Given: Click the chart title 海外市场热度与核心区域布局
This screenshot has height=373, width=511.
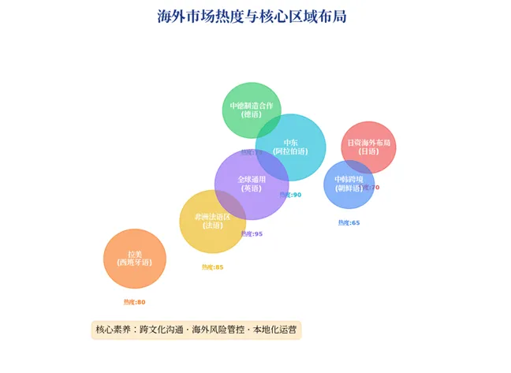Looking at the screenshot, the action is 252,16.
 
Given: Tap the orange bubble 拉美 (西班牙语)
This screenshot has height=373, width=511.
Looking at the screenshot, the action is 135,259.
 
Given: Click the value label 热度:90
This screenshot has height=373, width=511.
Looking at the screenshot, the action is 290,195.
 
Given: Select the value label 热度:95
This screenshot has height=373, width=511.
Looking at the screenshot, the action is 252,234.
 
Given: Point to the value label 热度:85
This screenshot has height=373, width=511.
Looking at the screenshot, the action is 213,267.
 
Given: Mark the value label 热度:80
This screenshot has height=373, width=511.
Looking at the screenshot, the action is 134,302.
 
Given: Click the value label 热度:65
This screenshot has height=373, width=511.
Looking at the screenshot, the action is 349,223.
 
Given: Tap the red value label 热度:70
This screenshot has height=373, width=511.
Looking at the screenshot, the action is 371,188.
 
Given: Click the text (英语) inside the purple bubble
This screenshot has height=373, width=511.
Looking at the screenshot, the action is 252,188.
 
